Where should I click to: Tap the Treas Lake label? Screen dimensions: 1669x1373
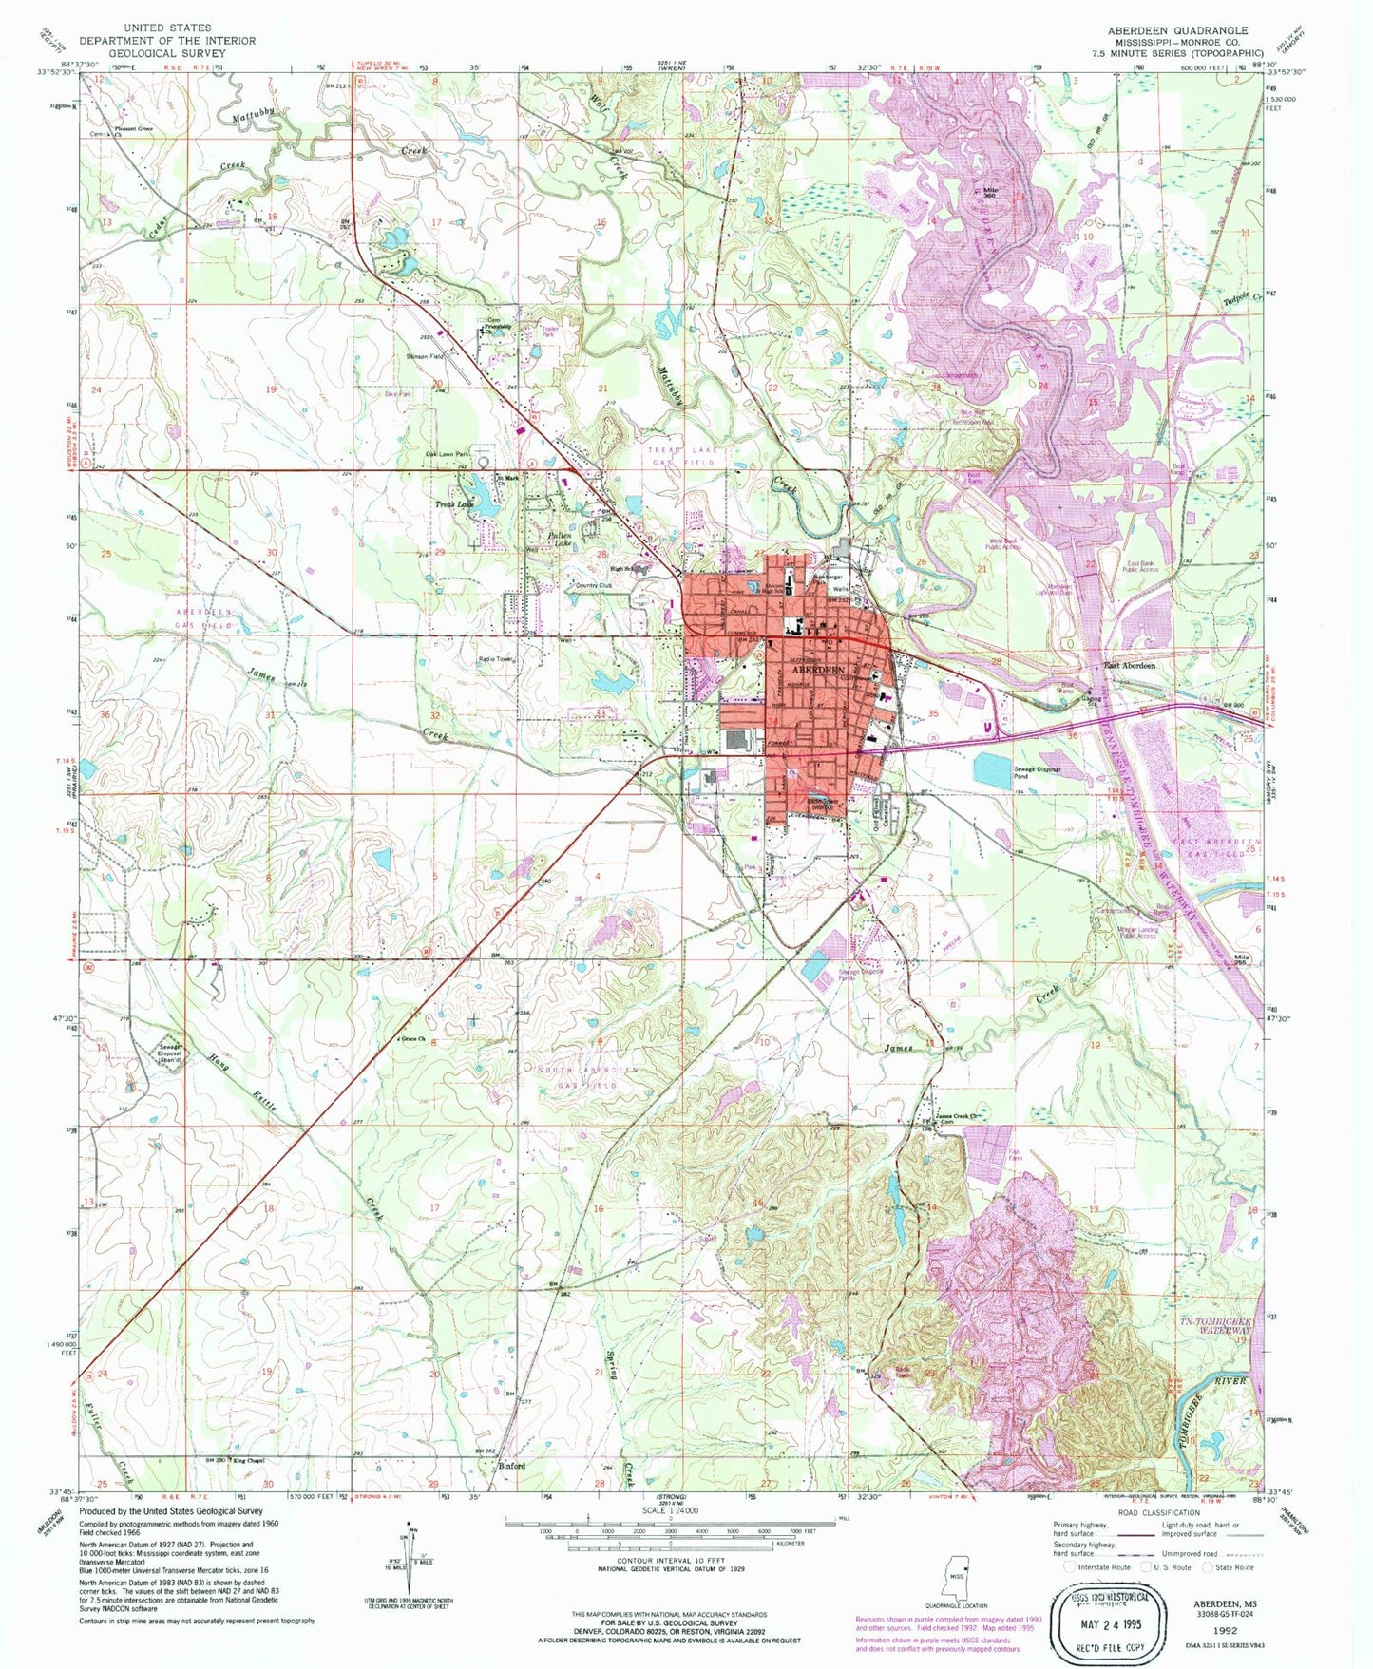pos(453,504)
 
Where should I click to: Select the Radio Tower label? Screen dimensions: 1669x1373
pos(495,658)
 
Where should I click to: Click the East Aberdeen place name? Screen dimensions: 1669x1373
pos(1129,666)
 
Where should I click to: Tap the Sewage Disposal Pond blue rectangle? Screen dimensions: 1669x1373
pos(993,770)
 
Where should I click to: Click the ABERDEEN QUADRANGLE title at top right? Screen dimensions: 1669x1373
pos(1177,30)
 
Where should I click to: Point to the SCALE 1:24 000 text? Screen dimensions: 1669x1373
pos(671,1510)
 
